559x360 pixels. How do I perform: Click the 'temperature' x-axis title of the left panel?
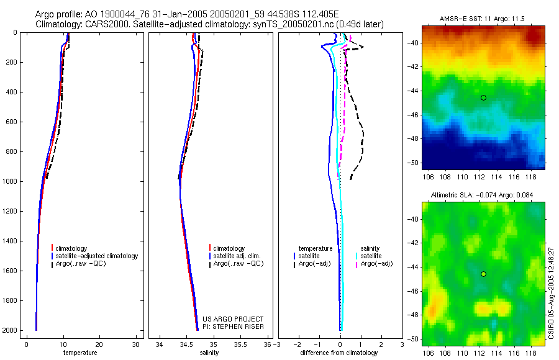[x=80, y=353]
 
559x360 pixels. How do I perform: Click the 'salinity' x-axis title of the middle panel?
[x=209, y=353]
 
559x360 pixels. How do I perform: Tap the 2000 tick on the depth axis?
[x=10, y=330]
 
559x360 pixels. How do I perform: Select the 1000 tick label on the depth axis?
[x=10, y=181]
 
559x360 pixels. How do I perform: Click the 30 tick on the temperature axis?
[x=136, y=344]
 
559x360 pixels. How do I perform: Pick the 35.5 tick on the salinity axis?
[x=242, y=344]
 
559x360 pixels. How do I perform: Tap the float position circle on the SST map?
[x=483, y=97]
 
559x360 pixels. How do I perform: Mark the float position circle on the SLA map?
[x=483, y=274]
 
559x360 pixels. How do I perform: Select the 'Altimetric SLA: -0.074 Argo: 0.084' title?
[x=483, y=196]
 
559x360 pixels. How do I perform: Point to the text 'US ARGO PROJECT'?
[x=233, y=319]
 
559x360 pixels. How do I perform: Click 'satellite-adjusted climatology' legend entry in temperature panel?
[x=97, y=256]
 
